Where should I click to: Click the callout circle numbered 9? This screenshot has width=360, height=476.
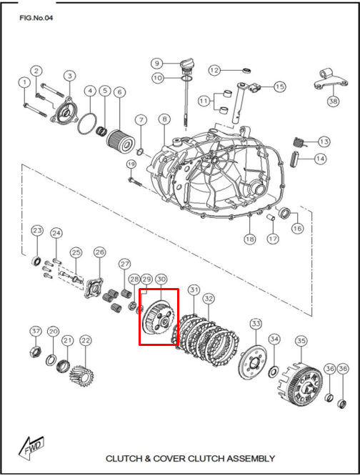tap(157, 63)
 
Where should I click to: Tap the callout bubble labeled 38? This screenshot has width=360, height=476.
tap(333, 101)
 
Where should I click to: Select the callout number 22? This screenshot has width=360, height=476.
tap(86, 341)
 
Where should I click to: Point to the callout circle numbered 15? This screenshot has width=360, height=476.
tap(279, 86)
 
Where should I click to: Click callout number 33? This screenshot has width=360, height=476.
tap(256, 324)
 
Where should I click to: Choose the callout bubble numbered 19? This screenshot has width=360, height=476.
tap(131, 164)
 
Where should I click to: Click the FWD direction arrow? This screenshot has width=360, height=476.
tap(31, 446)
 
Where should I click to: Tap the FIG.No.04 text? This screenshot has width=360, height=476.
tap(36, 18)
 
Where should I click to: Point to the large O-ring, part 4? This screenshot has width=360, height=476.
tap(87, 124)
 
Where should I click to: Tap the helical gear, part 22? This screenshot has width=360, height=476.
tap(81, 377)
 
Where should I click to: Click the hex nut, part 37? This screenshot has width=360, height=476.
tap(34, 352)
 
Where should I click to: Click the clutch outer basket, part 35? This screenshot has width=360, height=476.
tap(300, 383)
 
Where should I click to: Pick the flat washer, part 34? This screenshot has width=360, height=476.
tap(274, 372)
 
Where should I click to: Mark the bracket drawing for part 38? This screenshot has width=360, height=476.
tap(330, 80)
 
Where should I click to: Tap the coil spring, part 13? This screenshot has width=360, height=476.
tap(299, 142)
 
